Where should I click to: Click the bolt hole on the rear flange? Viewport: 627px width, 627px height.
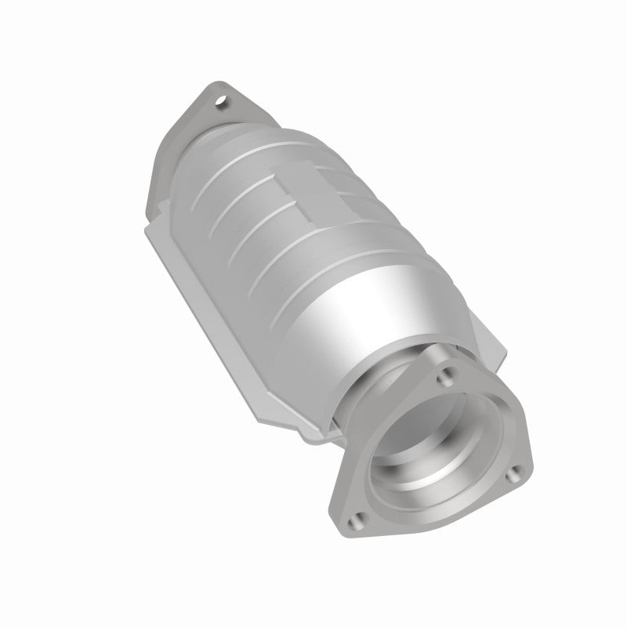(224, 100)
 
